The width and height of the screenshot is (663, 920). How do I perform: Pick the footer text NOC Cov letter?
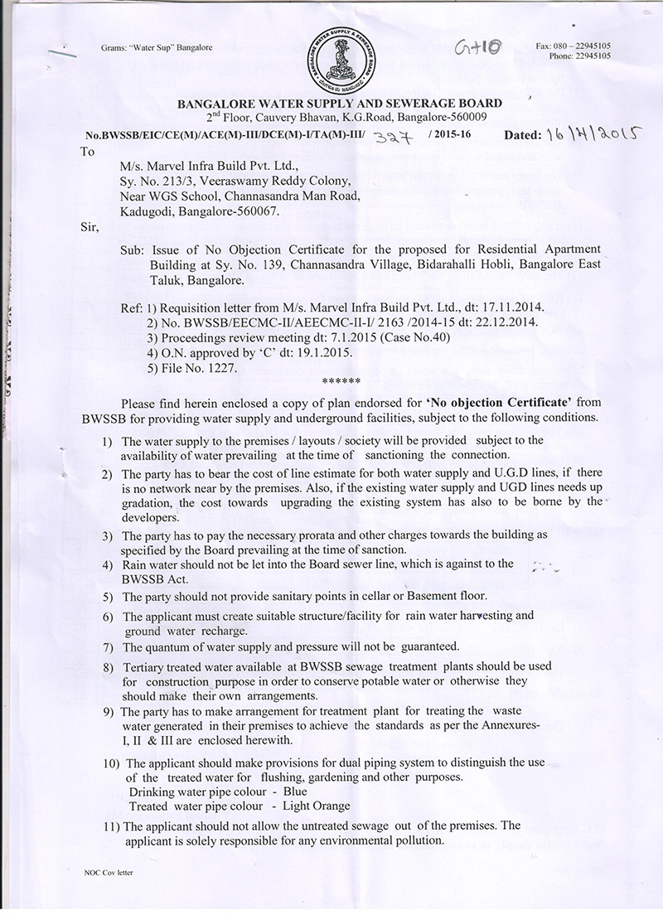[x=108, y=872]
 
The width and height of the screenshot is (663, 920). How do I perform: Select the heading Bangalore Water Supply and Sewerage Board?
[x=340, y=103]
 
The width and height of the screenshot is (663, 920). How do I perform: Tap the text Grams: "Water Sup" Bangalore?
[x=157, y=48]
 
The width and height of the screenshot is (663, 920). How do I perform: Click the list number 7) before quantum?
[x=109, y=646]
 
